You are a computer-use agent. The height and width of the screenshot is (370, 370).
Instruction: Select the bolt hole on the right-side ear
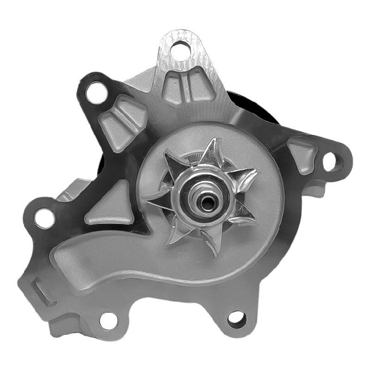point(330,161)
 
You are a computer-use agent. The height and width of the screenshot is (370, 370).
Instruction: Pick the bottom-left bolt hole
point(109,320)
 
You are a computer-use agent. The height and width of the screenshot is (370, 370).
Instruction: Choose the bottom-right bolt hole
point(236,319)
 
